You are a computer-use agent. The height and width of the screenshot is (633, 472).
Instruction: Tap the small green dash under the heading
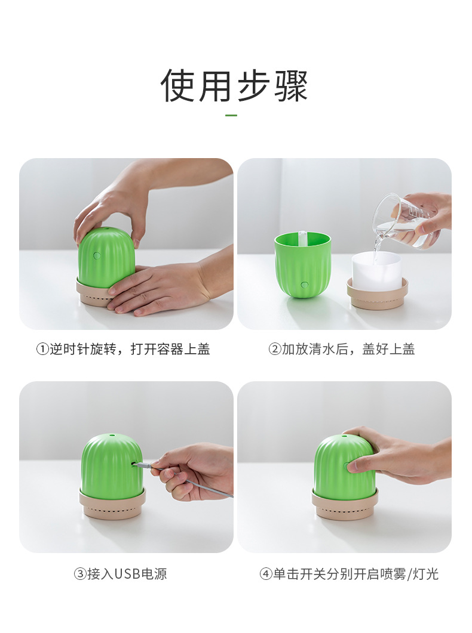(231, 115)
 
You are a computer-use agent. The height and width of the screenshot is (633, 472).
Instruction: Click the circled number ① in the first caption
(42, 350)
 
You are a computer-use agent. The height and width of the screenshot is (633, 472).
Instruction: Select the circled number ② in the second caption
(275, 350)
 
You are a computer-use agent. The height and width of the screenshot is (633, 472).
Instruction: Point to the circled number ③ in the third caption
(80, 574)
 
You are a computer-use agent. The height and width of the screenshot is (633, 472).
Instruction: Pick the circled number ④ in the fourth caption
(266, 574)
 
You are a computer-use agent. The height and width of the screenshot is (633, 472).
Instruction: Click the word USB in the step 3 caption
(127, 574)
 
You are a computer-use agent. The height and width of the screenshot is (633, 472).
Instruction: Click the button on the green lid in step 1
(97, 255)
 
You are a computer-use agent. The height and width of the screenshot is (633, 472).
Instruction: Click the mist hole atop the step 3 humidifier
(111, 438)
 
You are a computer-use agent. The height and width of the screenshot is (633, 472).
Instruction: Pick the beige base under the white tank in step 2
(377, 296)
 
